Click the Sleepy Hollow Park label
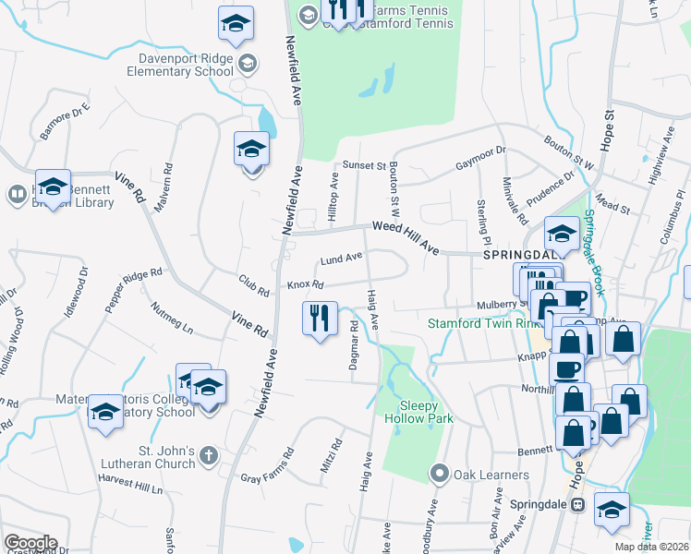426,412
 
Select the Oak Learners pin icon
440,475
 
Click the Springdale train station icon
578,505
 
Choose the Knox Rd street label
305,285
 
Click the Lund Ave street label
341,260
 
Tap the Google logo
30,543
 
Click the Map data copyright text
652,547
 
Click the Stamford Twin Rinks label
472,323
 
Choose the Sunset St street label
364,165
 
